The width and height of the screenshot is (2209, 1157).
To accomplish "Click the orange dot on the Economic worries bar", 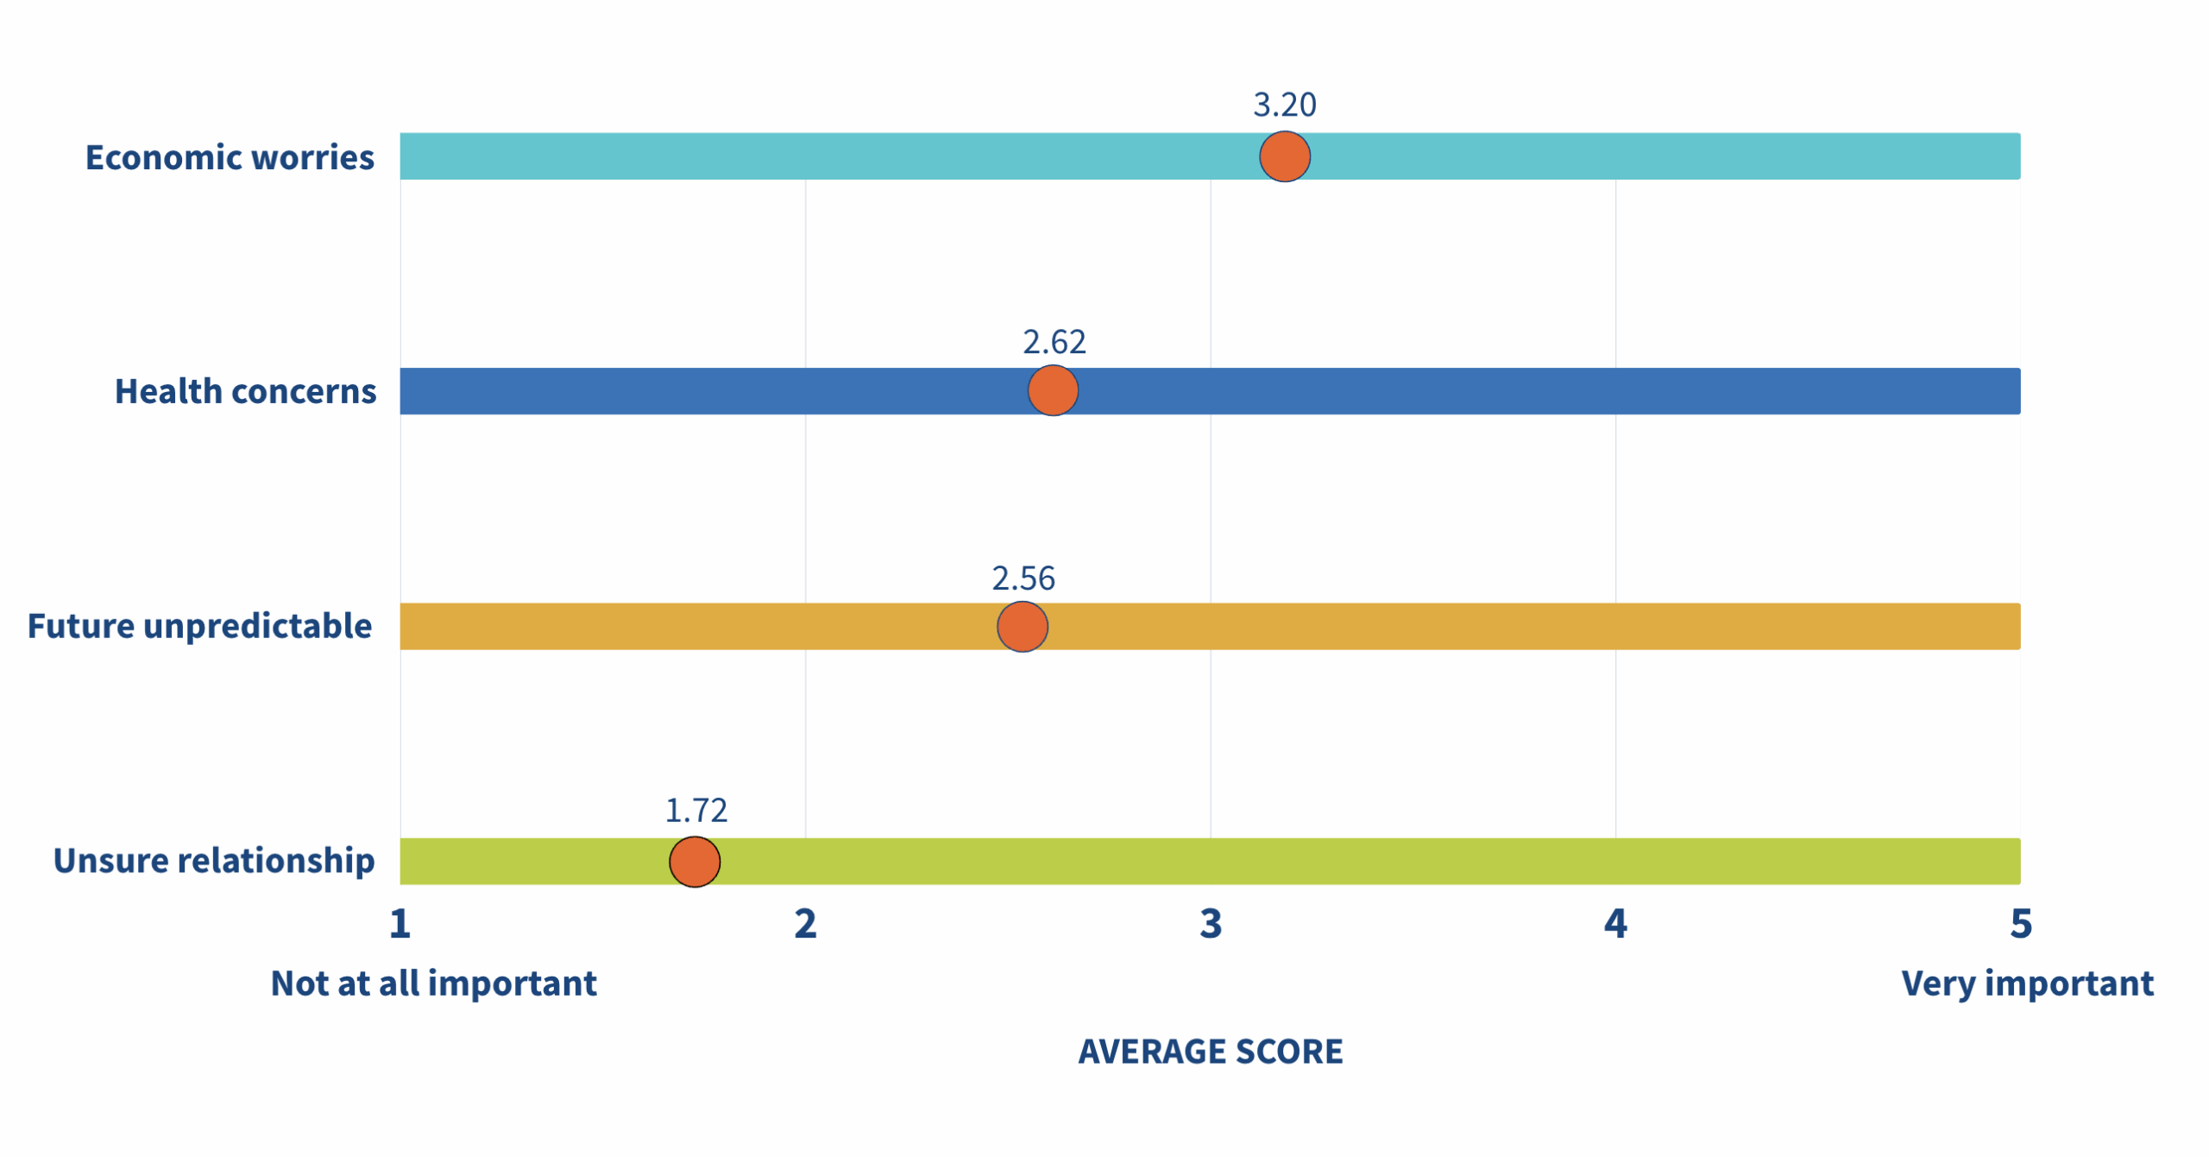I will click(1284, 156).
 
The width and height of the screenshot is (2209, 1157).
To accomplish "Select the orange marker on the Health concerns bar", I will click(1053, 390).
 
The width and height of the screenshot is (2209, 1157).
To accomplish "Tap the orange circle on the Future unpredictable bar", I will click(1022, 626).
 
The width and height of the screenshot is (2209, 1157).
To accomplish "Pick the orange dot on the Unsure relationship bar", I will click(695, 861).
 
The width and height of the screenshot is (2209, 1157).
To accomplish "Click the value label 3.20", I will click(1284, 105).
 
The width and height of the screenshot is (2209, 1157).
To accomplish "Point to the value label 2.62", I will click(1054, 342).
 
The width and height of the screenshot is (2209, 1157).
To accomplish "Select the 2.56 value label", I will click(1023, 578).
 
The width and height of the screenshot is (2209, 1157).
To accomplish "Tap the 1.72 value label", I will click(695, 810).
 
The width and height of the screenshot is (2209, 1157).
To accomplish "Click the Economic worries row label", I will click(230, 157).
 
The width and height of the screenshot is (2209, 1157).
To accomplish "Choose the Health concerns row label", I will click(245, 391).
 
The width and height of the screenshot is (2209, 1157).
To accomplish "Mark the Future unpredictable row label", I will click(199, 626).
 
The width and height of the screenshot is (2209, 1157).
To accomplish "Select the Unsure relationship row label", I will click(214, 861).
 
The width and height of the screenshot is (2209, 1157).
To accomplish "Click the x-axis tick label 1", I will click(400, 924).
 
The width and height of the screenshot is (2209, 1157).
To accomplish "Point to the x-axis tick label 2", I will click(805, 924).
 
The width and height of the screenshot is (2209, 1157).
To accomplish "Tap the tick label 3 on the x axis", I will click(1211, 924).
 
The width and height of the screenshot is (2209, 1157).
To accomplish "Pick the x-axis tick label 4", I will click(1615, 924).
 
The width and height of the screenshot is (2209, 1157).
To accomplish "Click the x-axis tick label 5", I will click(2021, 924).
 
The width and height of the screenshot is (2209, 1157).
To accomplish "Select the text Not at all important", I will click(433, 983).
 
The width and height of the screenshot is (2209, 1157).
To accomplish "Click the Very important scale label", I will click(2027, 983).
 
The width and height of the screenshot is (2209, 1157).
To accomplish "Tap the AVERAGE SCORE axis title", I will click(1210, 1052).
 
